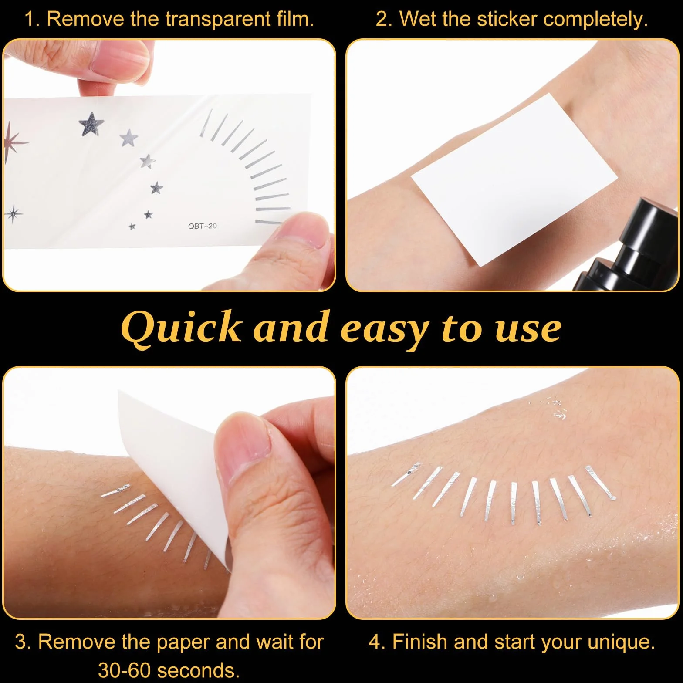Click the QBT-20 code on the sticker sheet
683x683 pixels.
[x=203, y=226]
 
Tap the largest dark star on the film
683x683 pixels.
[x=91, y=123]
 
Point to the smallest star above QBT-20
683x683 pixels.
[x=132, y=226]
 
